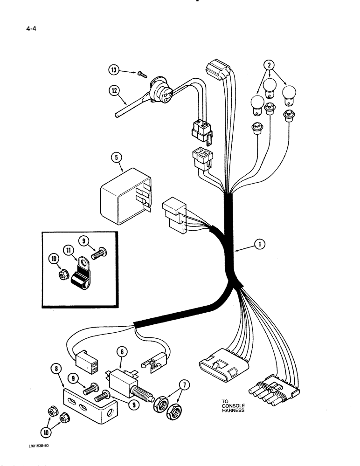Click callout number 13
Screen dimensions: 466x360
[114, 70]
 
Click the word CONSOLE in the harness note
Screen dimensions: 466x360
[233, 405]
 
